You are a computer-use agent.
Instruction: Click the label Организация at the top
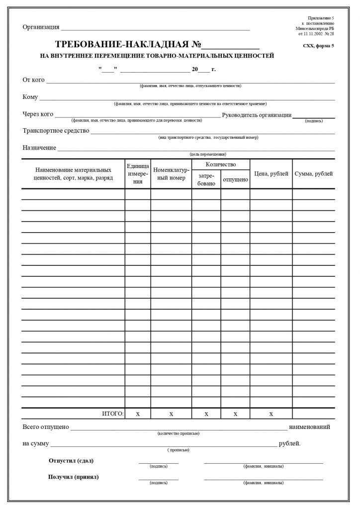click(41, 27)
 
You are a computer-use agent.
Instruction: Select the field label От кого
click(34, 80)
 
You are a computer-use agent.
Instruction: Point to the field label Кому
click(30, 97)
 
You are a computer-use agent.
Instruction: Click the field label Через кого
click(38, 114)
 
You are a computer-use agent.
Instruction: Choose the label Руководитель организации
click(257, 115)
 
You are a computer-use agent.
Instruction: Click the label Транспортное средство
click(56, 131)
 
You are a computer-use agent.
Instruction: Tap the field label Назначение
click(39, 148)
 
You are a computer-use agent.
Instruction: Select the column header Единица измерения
click(138, 174)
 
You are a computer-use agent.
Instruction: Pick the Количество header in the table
click(221, 165)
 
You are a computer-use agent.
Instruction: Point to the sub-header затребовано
click(206, 179)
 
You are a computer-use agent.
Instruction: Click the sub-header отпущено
click(235, 179)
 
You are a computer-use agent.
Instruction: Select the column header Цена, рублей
click(271, 173)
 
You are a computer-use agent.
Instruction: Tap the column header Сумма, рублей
click(313, 173)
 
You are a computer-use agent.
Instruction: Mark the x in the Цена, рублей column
click(271, 414)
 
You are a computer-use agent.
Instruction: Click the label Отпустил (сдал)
click(71, 460)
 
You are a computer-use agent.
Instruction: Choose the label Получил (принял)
click(73, 477)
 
